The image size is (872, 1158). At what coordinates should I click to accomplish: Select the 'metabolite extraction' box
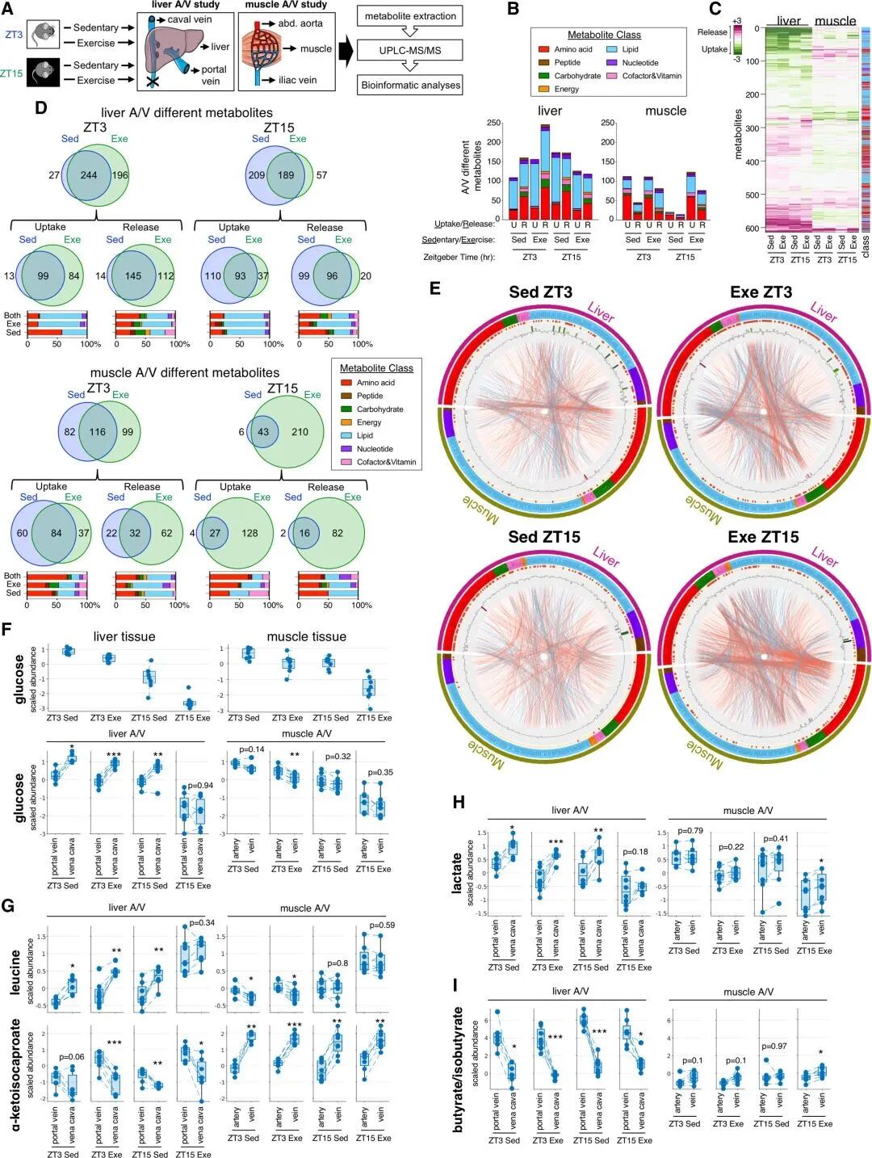410,17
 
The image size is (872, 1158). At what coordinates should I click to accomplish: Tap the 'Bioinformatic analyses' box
411,85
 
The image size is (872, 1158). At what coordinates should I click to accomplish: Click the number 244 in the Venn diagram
89,175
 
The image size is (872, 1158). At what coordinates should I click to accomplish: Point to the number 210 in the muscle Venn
300,432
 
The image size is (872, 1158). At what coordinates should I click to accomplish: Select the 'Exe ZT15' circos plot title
763,537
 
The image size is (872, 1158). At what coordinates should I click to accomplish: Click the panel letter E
435,288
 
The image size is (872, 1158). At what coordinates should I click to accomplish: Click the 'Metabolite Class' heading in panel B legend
604,35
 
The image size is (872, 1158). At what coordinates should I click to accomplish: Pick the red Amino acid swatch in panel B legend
544,50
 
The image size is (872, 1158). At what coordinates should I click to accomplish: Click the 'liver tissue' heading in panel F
124,636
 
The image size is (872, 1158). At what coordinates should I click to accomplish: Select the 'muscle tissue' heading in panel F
306,636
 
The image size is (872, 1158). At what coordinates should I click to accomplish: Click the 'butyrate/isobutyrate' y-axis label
459,1068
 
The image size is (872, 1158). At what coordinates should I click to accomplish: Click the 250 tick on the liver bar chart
492,124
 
